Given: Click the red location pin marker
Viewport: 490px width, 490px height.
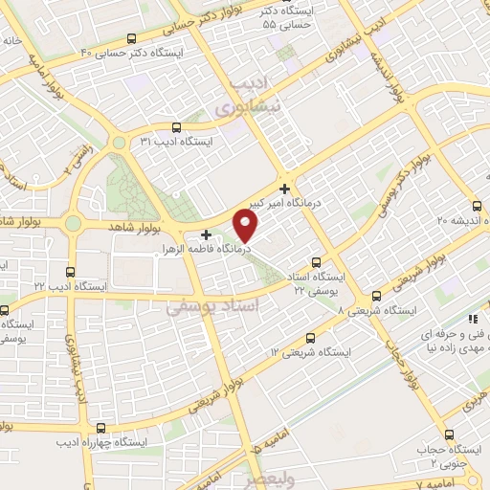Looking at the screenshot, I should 247,225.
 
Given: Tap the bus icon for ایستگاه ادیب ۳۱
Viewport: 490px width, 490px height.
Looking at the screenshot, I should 175,127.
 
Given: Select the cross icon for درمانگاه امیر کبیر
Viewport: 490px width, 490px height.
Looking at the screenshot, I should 284,189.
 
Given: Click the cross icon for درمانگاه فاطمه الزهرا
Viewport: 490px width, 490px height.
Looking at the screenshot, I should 206,234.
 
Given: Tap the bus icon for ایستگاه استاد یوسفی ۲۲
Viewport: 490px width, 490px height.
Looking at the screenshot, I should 318,262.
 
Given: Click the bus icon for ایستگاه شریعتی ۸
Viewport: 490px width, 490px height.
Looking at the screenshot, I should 376,296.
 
